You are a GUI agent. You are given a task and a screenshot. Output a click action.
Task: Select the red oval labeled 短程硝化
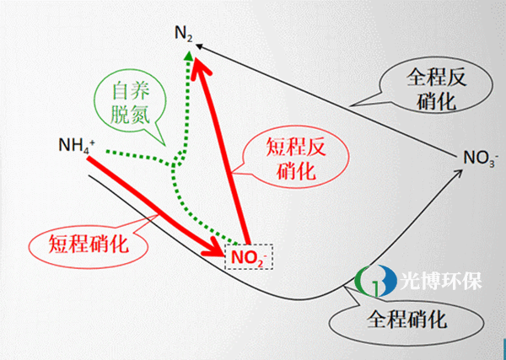83,244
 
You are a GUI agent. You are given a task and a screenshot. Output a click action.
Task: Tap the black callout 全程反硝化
435,88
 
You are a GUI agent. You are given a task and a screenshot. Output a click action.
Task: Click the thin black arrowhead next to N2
207,49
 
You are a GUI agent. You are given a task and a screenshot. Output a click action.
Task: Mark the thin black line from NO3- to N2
337,101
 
